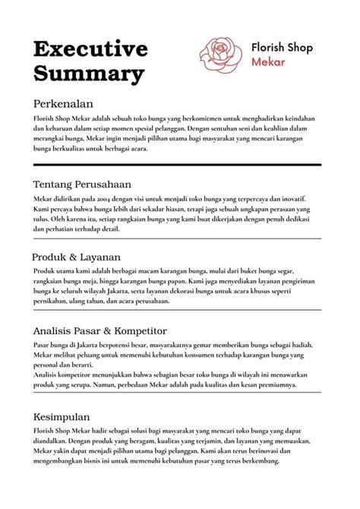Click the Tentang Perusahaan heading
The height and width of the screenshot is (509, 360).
tap(83, 184)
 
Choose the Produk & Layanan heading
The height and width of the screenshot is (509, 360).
tap(76, 257)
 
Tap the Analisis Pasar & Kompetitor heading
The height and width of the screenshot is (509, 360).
tap(100, 331)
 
